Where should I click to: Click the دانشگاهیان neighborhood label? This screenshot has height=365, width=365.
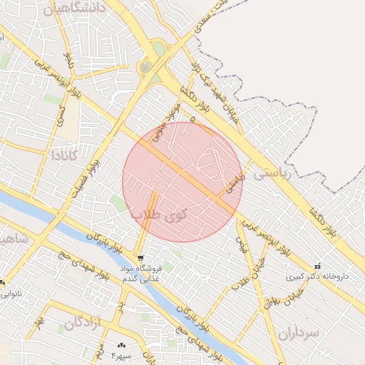[74, 9]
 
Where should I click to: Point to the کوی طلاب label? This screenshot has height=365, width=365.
[158, 213]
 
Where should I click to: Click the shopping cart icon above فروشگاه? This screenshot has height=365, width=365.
[140, 257]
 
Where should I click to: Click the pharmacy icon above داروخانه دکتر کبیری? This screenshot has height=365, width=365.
[317, 265]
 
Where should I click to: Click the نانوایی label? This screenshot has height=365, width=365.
[11, 293]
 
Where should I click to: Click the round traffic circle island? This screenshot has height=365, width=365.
[146, 67]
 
